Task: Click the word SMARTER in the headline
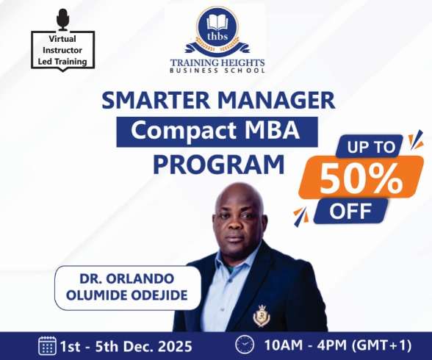148,101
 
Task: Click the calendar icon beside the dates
48,345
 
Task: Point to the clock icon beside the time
243,345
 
